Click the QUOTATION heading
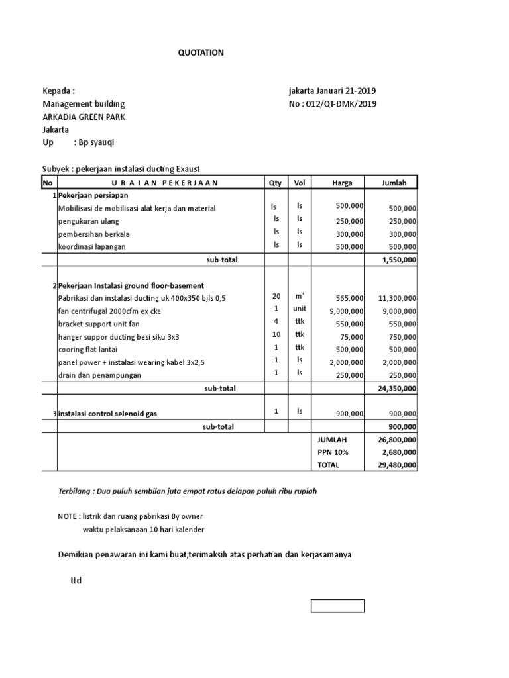pyautogui.click(x=201, y=53)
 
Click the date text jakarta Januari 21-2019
pyautogui.click(x=333, y=91)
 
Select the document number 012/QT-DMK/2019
pyautogui.click(x=343, y=104)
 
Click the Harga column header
pyautogui.click(x=343, y=183)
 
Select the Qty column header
pyautogui.click(x=274, y=183)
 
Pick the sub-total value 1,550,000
pyautogui.click(x=399, y=260)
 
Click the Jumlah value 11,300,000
pyautogui.click(x=397, y=299)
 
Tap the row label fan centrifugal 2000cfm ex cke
pyautogui.click(x=109, y=311)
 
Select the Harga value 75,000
pyautogui.click(x=350, y=337)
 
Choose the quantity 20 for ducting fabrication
pyautogui.click(x=276, y=297)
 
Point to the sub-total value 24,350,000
pyautogui.click(x=397, y=389)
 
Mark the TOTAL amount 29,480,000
pyautogui.click(x=397, y=465)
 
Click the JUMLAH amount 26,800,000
pyautogui.click(x=397, y=440)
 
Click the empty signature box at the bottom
pyautogui.click(x=337, y=606)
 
